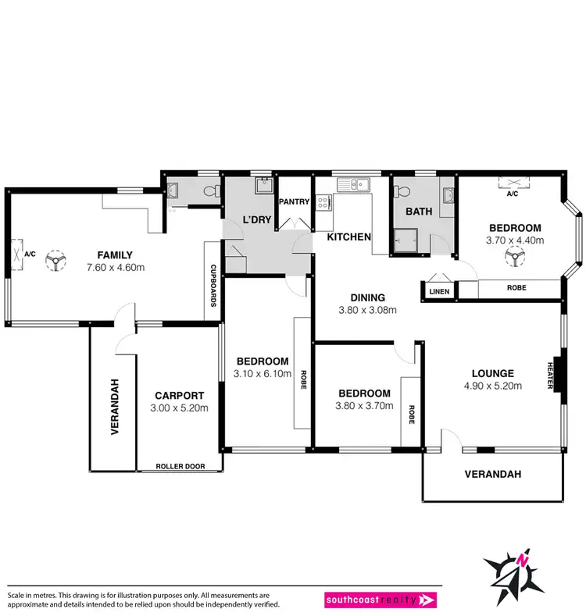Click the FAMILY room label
115,255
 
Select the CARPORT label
179,395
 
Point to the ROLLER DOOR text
180,466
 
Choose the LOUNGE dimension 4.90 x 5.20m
491,386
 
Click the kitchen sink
357,185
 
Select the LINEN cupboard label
436,291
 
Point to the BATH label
419,211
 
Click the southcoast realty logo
381,600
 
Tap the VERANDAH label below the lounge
492,474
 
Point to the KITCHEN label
348,237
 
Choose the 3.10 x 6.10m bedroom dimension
263,374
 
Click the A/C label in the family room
30,255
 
